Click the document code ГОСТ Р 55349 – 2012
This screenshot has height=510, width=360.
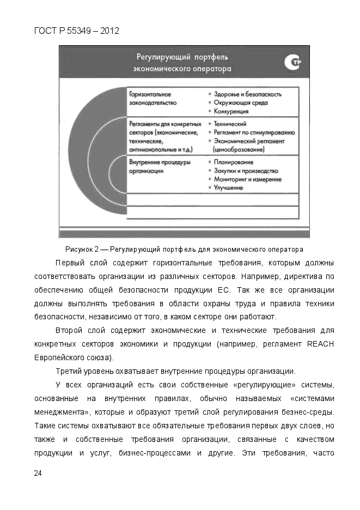[76, 31]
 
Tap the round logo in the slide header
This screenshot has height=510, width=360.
[292, 64]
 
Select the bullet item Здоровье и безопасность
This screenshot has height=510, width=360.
[248, 94]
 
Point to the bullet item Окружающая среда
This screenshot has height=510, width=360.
[241, 102]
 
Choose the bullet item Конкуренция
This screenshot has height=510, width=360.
[231, 111]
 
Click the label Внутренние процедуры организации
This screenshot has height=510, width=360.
[160, 166]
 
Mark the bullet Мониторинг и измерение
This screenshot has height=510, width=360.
[247, 179]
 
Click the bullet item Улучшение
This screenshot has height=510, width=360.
[228, 187]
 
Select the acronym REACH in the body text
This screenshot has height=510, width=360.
[320, 344]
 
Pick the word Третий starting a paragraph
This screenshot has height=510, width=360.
[68, 372]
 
